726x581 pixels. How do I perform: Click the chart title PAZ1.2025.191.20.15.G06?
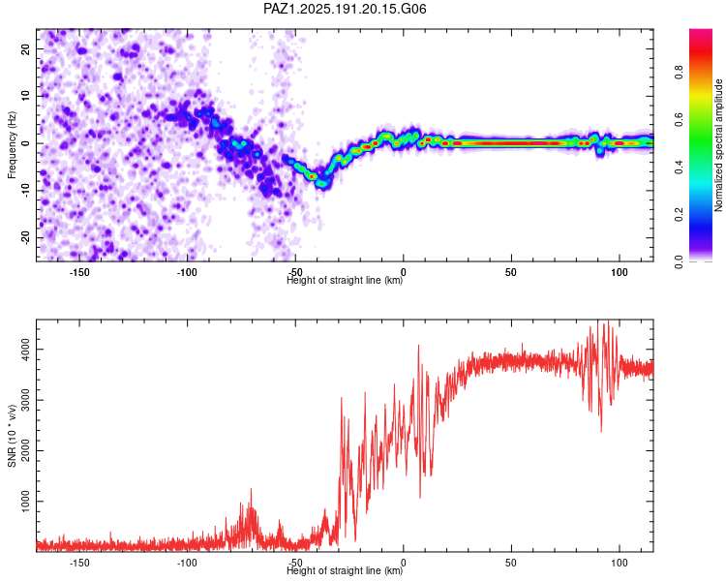345,9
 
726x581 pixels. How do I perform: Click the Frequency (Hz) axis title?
12,145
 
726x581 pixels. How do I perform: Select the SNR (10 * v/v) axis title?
12,436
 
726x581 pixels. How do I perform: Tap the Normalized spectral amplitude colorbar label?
718,145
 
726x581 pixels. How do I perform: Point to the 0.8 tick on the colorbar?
679,73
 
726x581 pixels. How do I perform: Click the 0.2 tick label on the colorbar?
679,215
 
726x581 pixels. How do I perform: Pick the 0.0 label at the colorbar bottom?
679,262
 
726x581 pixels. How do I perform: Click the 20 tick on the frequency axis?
25,48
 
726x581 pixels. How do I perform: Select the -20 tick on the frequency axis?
25,237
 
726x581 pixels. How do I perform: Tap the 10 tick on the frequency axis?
25,96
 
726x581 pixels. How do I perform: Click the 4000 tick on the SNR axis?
25,350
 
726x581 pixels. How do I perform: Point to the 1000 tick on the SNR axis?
25,502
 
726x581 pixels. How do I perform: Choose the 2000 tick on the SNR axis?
25,451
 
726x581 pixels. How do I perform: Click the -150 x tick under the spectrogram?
79,272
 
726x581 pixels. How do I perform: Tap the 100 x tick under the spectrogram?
620,272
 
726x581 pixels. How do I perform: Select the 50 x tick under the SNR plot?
511,563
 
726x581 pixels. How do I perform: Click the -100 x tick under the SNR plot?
187,563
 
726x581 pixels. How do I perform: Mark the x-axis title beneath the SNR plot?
345,570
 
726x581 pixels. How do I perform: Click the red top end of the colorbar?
701,32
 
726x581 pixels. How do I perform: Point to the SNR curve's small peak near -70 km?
252,489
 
